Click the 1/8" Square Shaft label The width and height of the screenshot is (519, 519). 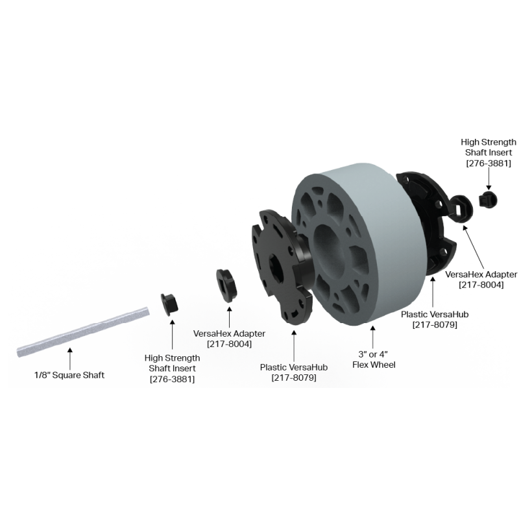(69, 375)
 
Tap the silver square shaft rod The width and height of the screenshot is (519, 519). (83, 332)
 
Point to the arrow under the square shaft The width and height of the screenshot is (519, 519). (70, 359)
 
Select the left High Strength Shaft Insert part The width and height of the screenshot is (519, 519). (169, 304)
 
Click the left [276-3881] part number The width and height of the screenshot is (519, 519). (172, 379)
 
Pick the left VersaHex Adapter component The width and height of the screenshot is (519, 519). (226, 285)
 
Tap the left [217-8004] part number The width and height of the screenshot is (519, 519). (229, 344)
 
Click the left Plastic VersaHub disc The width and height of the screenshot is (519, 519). (282, 267)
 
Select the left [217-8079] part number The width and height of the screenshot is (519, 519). (294, 378)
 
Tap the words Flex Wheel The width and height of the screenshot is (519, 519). (374, 365)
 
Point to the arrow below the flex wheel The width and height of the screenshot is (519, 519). (372, 337)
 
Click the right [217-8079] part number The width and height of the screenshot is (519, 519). (435, 325)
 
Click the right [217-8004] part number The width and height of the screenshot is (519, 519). (481, 285)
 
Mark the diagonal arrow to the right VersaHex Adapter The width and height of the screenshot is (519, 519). (474, 247)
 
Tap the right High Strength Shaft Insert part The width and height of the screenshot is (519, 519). (489, 200)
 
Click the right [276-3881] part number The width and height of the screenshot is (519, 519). (489, 163)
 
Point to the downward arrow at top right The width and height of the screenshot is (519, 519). (489, 180)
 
